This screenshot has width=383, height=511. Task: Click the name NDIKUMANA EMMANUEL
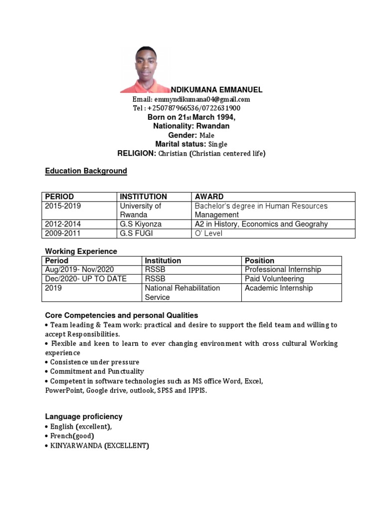tap(216, 90)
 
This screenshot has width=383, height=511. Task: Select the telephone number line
tap(187, 108)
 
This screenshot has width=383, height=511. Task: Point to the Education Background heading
tap(86, 171)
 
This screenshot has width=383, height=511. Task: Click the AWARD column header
tap(209, 197)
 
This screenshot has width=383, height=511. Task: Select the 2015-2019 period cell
tap(62, 206)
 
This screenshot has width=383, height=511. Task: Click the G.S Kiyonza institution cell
tap(141, 224)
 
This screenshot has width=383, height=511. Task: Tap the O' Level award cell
tap(208, 234)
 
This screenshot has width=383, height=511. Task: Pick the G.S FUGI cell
tap(134, 234)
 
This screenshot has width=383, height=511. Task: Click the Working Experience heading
tap(81, 252)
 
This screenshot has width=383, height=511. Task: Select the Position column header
tap(259, 260)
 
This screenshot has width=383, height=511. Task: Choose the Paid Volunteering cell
tap(274, 279)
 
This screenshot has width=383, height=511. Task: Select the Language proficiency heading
tap(84, 417)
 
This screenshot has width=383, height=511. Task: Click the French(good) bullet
tap(72, 436)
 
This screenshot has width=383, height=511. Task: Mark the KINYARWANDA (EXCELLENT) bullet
tap(99, 446)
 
